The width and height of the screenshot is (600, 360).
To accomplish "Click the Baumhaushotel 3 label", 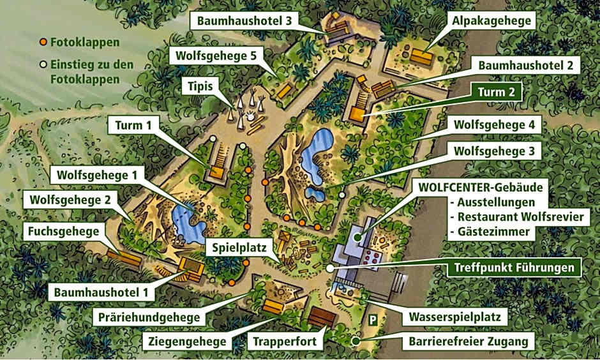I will pyautogui.click(x=244, y=20).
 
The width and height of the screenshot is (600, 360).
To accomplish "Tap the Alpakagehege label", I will pyautogui.click(x=491, y=20).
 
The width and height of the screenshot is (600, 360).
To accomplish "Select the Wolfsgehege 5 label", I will pyautogui.click(x=214, y=56).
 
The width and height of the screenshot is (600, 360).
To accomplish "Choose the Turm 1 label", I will pyautogui.click(x=133, y=126).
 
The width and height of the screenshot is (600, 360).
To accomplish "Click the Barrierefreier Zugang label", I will pyautogui.click(x=469, y=341).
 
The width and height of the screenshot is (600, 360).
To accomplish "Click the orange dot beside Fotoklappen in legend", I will pyautogui.click(x=42, y=42).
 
